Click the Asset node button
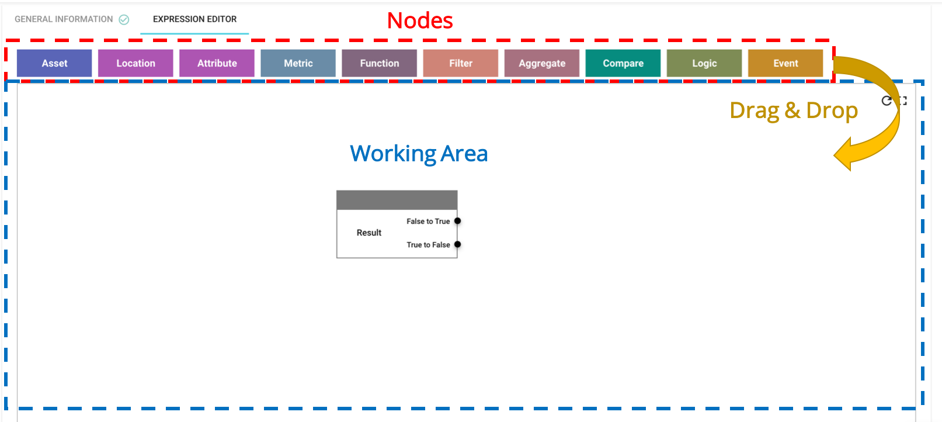click(54, 63)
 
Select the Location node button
click(135, 63)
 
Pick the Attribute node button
click(217, 63)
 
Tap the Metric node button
click(298, 63)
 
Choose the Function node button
click(380, 63)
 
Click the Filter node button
click(460, 63)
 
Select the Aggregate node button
click(541, 63)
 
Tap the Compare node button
click(623, 63)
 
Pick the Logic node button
click(704, 63)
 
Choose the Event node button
click(785, 63)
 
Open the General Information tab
click(64, 19)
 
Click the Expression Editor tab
click(194, 19)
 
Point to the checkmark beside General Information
click(124, 20)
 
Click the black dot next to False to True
click(457, 221)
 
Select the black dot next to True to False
click(457, 244)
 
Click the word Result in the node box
click(369, 233)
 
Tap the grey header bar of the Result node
click(397, 200)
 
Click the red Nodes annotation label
click(420, 20)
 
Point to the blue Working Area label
click(419, 154)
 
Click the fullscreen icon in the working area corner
click(903, 101)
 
